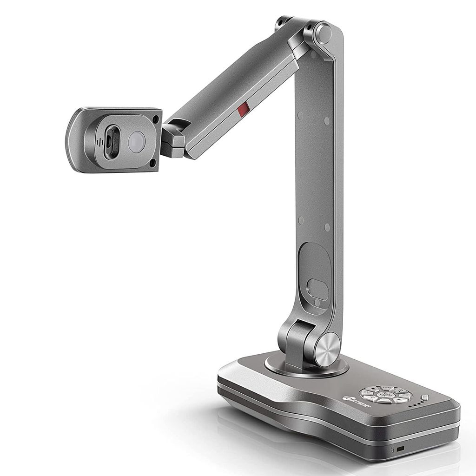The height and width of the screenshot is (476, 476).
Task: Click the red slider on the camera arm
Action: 242,110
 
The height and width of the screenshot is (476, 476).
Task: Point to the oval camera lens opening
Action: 111,142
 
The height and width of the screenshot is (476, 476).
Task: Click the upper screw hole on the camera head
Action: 155,119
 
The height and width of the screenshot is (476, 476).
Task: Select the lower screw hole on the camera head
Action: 152,162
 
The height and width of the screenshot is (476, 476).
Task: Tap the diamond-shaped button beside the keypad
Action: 424,398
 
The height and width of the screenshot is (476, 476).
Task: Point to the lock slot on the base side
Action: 399,449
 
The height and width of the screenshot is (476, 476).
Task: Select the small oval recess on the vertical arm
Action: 318,290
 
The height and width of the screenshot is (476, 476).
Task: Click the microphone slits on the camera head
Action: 99,142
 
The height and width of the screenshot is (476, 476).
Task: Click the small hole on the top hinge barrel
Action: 281,22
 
